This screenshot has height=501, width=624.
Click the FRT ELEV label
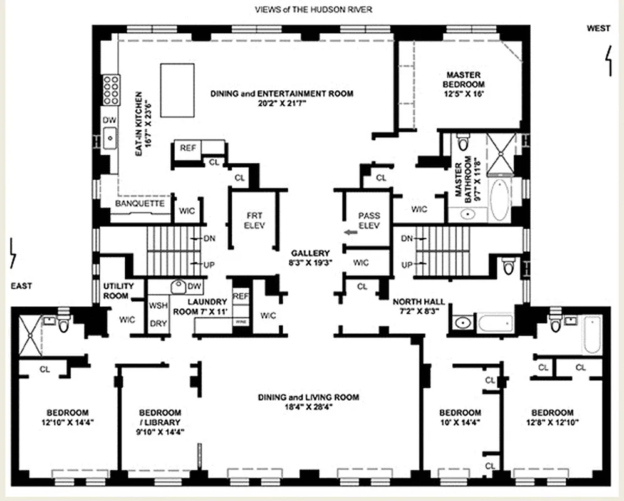tap(255, 220)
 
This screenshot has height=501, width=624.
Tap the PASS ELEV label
tap(365, 220)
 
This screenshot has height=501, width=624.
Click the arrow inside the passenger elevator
tap(350, 232)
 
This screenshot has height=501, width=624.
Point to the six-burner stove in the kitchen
tap(112, 89)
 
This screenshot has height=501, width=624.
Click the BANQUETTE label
tap(140, 204)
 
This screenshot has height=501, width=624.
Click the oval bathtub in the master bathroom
tap(499, 200)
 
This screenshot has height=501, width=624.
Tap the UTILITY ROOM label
tap(116, 291)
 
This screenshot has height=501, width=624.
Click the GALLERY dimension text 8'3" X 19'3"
tap(310, 262)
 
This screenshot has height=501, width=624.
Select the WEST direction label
tap(598, 28)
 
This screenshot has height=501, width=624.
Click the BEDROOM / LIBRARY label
tap(160, 417)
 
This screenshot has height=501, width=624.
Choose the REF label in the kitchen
tap(187, 148)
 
